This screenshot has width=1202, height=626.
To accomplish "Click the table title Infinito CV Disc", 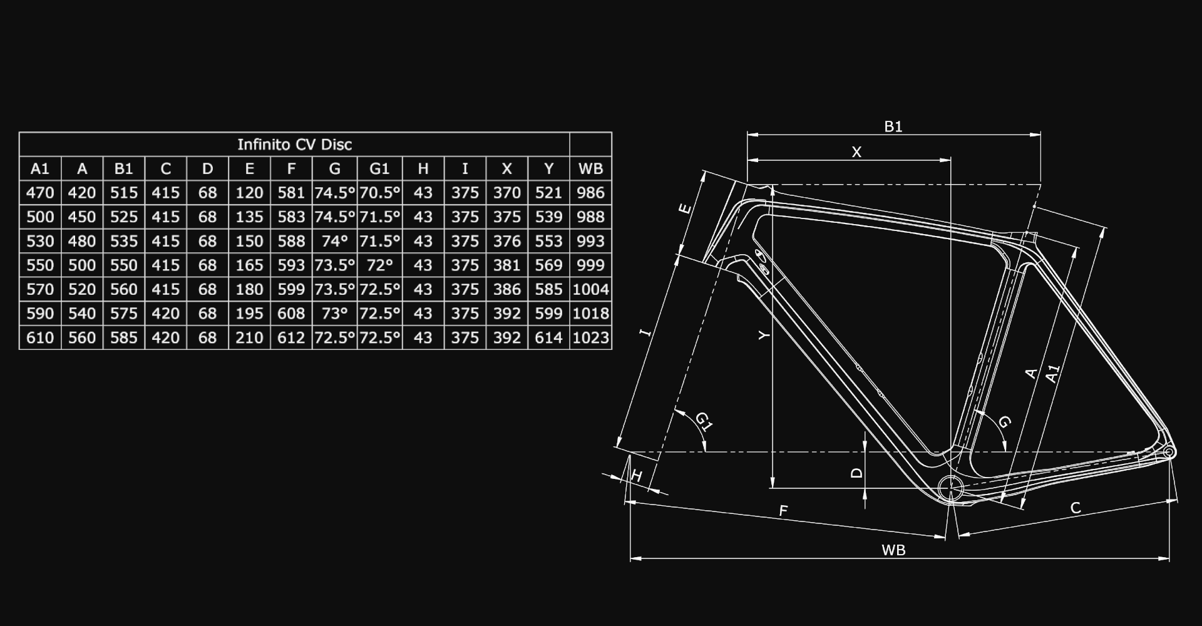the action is tap(294, 145).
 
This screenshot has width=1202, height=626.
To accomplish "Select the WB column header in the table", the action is tap(590, 168).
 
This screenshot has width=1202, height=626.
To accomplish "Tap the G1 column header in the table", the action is tap(379, 168).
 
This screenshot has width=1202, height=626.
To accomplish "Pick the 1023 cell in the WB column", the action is tap(590, 338).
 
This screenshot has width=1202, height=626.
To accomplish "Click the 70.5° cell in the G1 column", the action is tap(379, 193).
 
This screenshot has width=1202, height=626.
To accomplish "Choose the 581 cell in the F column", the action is tap(291, 193).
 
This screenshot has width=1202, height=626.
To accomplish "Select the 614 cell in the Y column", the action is tap(548, 338).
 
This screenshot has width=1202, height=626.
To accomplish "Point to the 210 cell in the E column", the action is tap(249, 338).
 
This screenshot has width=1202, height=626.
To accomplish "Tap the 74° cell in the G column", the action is tap(334, 241).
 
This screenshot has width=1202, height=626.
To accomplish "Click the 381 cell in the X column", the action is tap(506, 265).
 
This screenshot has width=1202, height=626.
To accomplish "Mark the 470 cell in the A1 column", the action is tap(40, 193).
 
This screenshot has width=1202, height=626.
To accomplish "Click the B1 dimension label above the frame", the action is tap(893, 126).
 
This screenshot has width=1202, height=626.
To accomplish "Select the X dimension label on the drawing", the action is tap(856, 151).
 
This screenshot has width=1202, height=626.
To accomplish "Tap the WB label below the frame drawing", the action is tap(893, 550).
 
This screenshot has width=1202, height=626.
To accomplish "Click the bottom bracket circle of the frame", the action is tap(951, 486).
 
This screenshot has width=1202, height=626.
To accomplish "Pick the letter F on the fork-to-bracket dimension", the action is tap(783, 511).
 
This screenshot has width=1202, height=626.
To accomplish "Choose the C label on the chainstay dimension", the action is tap(1076, 508).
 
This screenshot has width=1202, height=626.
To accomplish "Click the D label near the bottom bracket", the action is tap(857, 473).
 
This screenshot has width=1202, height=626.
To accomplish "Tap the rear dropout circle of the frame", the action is tap(1168, 452).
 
